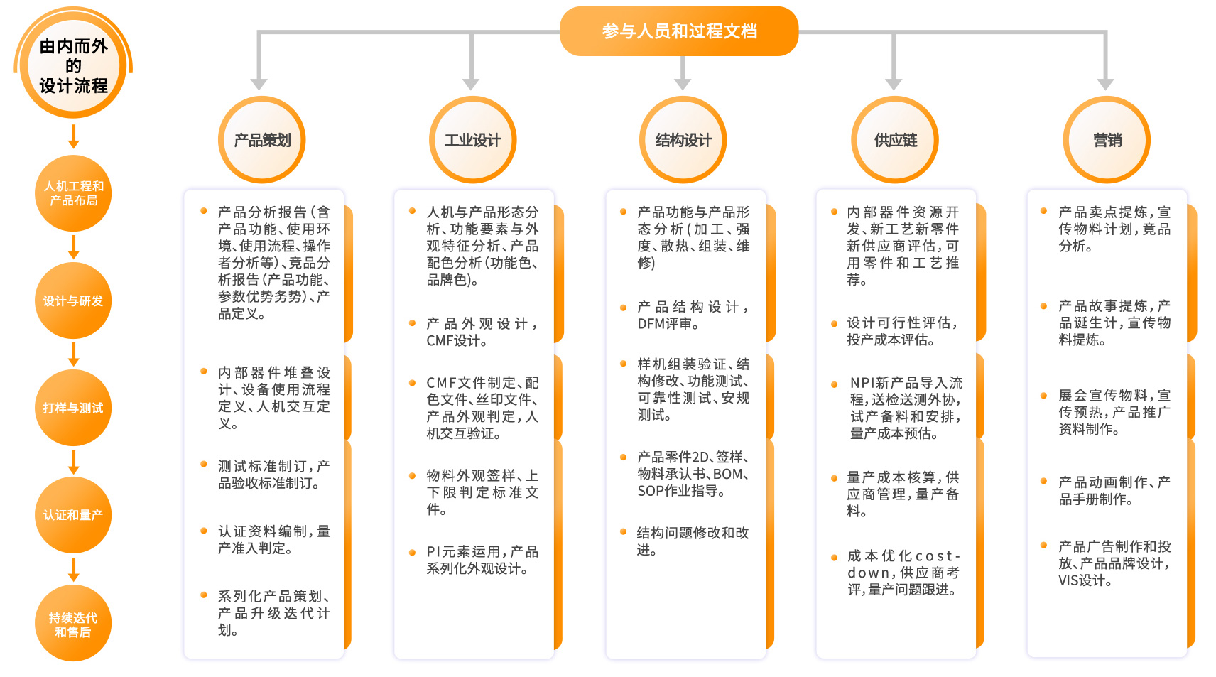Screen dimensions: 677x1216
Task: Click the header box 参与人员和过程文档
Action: (x=679, y=31)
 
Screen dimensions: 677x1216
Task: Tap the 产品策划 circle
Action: (x=262, y=140)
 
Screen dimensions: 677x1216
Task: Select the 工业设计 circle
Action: (x=472, y=140)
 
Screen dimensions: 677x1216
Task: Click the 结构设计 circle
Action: (x=683, y=140)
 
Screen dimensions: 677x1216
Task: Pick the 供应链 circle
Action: (x=895, y=140)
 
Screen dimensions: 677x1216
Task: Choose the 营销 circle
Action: (x=1107, y=140)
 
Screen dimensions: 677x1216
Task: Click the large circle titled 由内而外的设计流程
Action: (x=73, y=66)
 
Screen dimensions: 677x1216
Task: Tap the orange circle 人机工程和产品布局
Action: (x=73, y=193)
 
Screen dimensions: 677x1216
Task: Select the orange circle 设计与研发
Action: (x=73, y=300)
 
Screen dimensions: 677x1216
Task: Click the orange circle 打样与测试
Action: (x=73, y=408)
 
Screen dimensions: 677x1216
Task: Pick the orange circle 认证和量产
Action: (x=73, y=515)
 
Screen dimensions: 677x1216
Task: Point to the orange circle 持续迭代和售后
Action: (x=73, y=624)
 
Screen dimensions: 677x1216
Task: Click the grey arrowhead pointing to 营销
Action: (x=1105, y=84)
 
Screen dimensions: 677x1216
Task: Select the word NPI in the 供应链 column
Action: (x=862, y=383)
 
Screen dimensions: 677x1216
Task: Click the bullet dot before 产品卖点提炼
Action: (x=1043, y=211)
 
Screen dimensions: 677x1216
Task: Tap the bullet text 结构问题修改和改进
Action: (x=693, y=541)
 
